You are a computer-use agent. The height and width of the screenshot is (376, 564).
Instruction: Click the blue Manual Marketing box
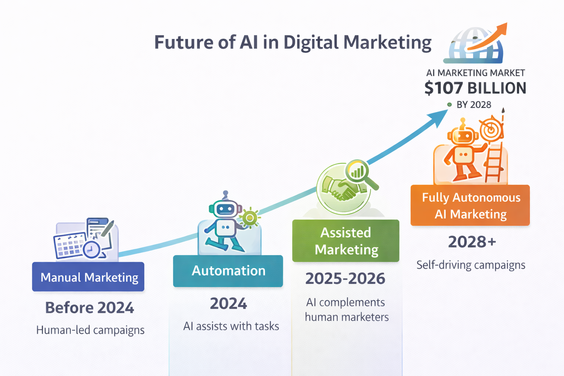(88, 277)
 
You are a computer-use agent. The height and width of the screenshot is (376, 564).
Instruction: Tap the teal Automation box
(228, 271)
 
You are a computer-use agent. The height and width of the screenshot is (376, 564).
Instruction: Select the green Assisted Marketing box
(346, 241)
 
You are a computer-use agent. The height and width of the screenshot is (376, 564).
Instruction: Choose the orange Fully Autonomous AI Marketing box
(470, 205)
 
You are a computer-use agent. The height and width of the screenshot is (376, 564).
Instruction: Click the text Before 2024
(90, 308)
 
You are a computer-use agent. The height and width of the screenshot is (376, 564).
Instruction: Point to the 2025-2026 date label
(345, 279)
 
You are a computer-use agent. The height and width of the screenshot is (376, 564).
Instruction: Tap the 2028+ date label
(472, 242)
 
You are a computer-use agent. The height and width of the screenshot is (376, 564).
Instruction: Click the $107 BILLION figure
(476, 88)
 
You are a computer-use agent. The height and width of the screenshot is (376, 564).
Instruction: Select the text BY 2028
(474, 105)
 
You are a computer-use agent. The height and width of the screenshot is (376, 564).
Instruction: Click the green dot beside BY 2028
(449, 105)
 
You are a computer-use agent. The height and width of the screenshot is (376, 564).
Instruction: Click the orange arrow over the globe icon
(487, 37)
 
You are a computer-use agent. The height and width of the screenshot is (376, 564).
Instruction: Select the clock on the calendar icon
(92, 249)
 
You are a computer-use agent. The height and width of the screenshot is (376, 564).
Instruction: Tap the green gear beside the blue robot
(250, 218)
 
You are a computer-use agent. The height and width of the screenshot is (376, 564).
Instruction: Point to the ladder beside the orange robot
(493, 162)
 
